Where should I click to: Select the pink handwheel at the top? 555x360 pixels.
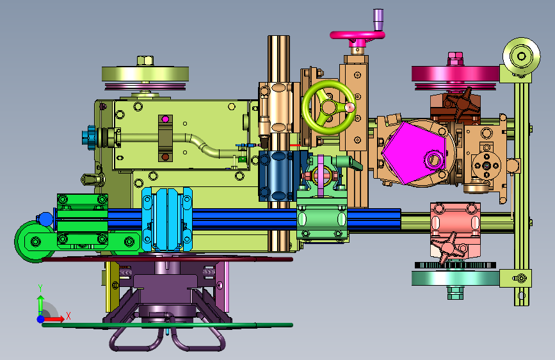click(x=357, y=35)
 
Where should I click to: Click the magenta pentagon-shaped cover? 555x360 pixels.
click(x=412, y=152)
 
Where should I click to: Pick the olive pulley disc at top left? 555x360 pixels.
click(x=145, y=74)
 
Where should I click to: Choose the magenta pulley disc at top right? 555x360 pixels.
click(x=456, y=74)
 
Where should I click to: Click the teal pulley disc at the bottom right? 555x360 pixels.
click(x=456, y=278)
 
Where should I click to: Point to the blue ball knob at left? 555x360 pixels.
click(x=45, y=219)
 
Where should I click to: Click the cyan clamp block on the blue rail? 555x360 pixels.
click(x=167, y=220)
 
